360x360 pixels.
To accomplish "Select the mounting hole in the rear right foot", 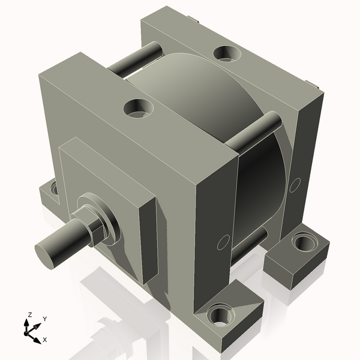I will (302, 243).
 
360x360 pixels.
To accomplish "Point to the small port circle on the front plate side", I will (223, 243).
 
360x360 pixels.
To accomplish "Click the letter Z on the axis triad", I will (28, 315).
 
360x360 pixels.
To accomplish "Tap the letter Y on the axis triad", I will (44, 319).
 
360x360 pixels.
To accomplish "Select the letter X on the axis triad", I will (44, 339).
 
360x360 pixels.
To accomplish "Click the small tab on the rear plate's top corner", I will (310, 84).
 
